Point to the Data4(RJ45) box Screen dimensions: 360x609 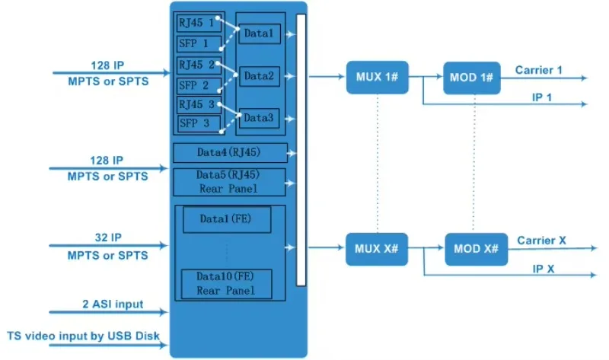(x=230, y=152)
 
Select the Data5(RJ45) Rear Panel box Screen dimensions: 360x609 (x=230, y=182)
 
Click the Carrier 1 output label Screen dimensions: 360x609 (x=538, y=70)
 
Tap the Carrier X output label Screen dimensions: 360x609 (x=541, y=241)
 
